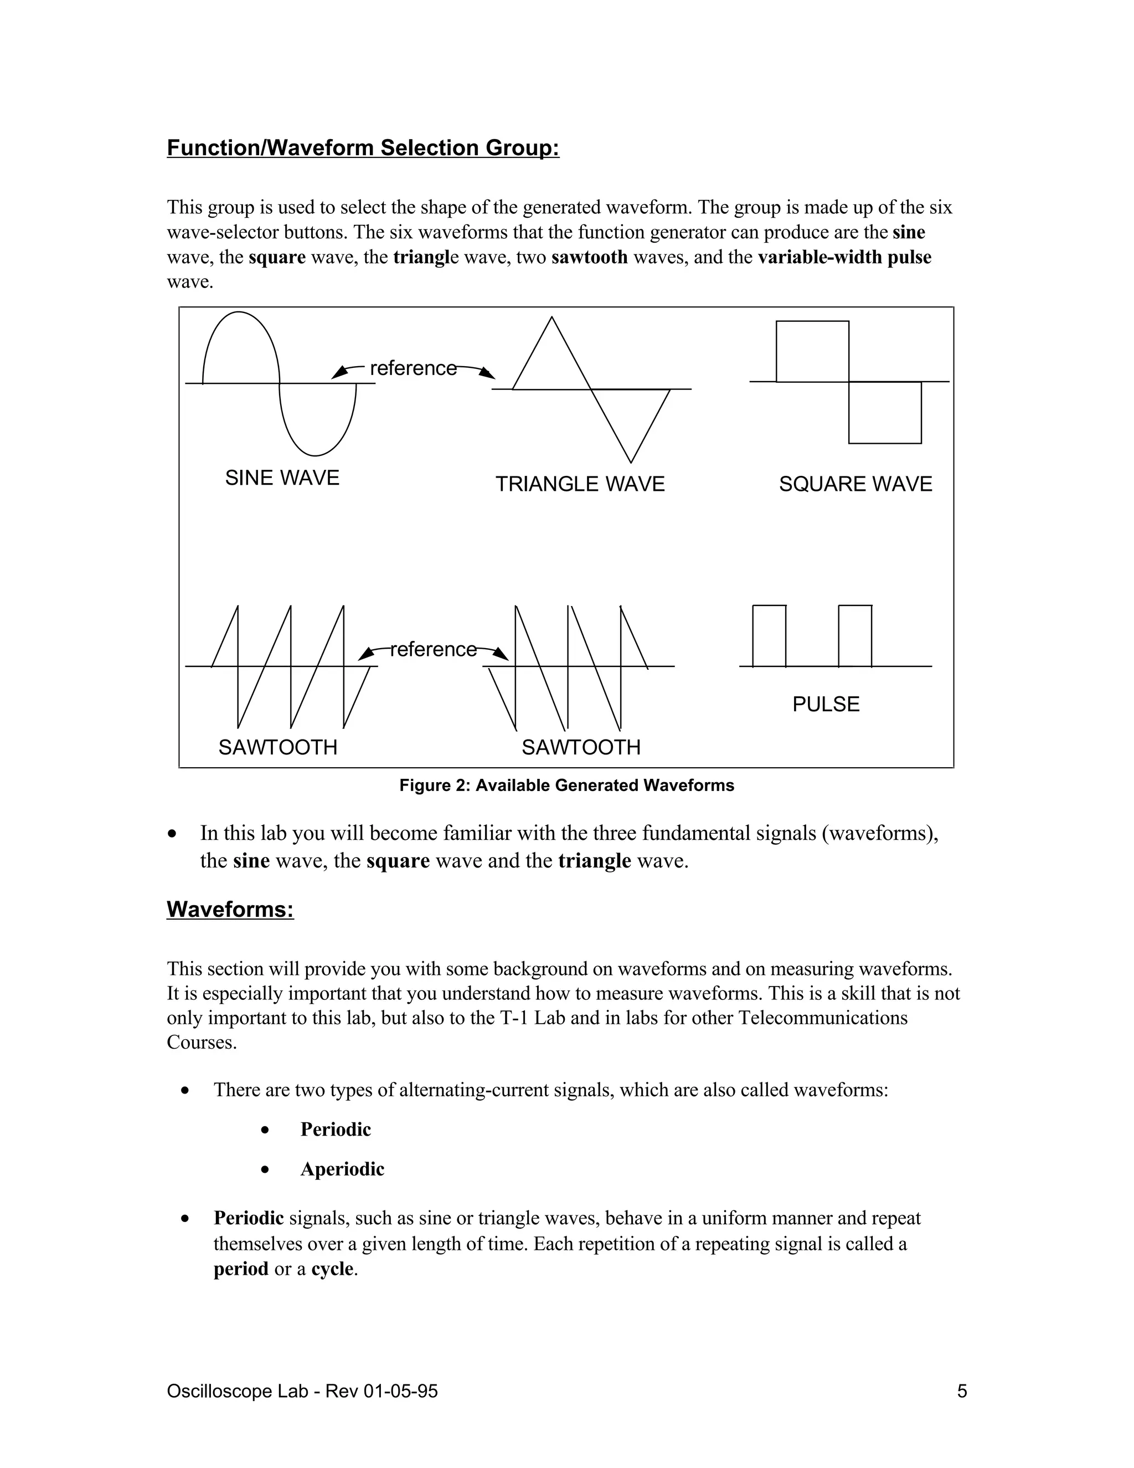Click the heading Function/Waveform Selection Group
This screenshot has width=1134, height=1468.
click(x=363, y=148)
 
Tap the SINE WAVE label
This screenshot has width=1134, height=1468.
click(x=282, y=478)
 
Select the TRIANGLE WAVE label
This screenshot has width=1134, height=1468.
click(x=580, y=484)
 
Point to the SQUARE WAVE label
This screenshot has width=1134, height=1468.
click(x=855, y=484)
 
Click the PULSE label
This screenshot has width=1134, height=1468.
click(x=826, y=705)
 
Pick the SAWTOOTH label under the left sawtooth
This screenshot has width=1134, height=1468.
click(x=277, y=747)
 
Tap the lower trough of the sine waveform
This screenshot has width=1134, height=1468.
click(x=316, y=454)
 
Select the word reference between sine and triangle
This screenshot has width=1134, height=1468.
click(x=413, y=368)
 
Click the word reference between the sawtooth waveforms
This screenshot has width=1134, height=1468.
click(x=434, y=649)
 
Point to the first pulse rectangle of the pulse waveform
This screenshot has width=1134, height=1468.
click(x=769, y=635)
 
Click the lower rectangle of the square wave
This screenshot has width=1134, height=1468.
click(x=885, y=412)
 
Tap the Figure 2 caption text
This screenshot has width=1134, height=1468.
click(x=566, y=785)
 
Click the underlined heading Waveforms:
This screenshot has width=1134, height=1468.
click(x=230, y=910)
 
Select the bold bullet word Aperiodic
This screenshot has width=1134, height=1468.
click(x=342, y=1169)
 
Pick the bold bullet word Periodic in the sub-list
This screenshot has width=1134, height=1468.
click(x=335, y=1129)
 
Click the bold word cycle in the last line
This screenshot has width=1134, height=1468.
click(x=332, y=1269)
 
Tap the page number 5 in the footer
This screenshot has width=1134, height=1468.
click(x=962, y=1392)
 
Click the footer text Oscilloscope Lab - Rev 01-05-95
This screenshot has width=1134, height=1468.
click(x=302, y=1392)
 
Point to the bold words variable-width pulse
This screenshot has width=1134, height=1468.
click(x=844, y=258)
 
